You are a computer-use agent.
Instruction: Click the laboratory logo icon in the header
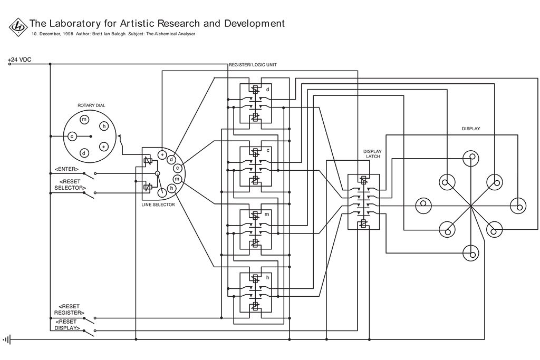coord(18,26)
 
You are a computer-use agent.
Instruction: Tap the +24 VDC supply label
coord(20,60)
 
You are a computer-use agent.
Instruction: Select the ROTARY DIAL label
coord(91,105)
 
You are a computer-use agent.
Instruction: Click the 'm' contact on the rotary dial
coord(84,119)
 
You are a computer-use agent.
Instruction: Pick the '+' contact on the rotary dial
coord(104,146)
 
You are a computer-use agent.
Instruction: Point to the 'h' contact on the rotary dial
coord(104,126)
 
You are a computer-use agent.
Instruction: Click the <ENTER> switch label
coord(66,169)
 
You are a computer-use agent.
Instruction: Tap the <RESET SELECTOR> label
coord(70,184)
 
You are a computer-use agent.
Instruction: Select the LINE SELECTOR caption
coord(158,205)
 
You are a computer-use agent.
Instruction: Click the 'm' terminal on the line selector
coord(177,179)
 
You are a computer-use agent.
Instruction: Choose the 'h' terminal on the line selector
coord(172,188)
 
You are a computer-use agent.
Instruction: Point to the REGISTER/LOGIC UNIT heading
coord(253,65)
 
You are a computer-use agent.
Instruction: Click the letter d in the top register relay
coord(268,90)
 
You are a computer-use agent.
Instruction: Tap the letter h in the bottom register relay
coord(268,277)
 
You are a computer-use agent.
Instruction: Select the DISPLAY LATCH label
coord(372,154)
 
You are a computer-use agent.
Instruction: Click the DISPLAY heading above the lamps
coord(471,129)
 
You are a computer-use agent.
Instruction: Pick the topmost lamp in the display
coord(470,158)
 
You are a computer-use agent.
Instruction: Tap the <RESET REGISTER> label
coord(69,309)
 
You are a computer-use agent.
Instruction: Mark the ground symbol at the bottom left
coord(7,339)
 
